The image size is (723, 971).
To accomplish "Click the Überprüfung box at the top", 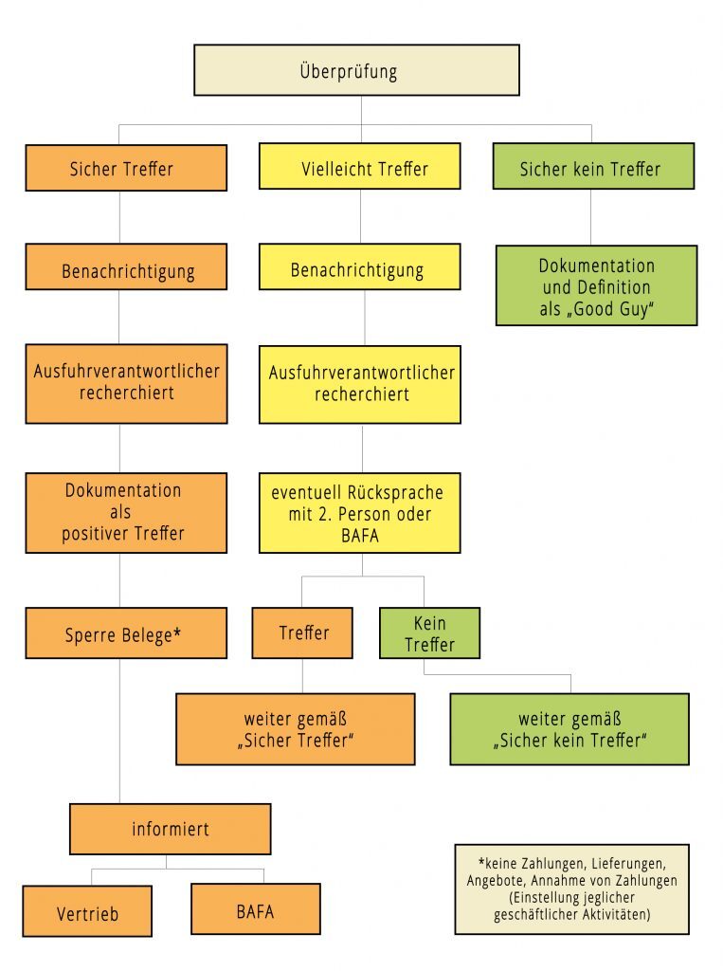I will pyautogui.click(x=356, y=70).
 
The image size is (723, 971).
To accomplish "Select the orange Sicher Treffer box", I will pyautogui.click(x=126, y=168).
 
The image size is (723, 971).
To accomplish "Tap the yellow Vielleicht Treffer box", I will pyautogui.click(x=360, y=167).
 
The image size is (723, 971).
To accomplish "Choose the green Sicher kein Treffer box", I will pyautogui.click(x=593, y=167).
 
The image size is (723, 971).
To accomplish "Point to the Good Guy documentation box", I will pyautogui.click(x=596, y=286).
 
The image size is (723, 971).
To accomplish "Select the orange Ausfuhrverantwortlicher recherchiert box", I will pyautogui.click(x=126, y=383).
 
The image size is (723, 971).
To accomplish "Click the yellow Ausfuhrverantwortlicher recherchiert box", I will pyautogui.click(x=360, y=384).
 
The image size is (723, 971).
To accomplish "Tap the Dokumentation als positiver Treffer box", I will pyautogui.click(x=126, y=512).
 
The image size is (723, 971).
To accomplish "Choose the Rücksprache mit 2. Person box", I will pyautogui.click(x=360, y=512).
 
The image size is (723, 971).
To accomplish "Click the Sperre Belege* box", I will pyautogui.click(x=126, y=633).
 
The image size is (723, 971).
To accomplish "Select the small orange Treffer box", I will pyautogui.click(x=302, y=632).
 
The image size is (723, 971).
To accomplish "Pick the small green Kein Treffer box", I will pyautogui.click(x=429, y=633).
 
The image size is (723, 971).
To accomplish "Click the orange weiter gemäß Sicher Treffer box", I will pyautogui.click(x=296, y=728).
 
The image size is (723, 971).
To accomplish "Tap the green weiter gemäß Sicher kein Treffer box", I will pyautogui.click(x=569, y=728).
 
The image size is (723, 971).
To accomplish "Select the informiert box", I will pyautogui.click(x=171, y=829).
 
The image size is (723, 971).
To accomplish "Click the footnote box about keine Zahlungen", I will pyautogui.click(x=571, y=889).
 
